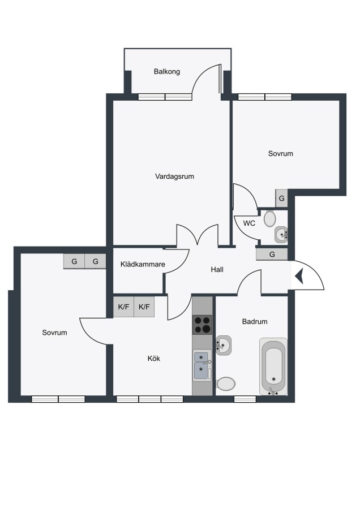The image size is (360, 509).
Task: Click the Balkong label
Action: click(x=166, y=72)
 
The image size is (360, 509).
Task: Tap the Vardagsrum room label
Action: click(x=174, y=176)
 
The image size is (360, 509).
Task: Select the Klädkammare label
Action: click(x=143, y=264)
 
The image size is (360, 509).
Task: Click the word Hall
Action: click(x=217, y=269)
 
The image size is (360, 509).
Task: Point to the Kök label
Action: click(x=154, y=359)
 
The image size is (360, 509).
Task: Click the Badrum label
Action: click(x=255, y=322)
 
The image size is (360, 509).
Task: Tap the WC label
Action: click(x=249, y=223)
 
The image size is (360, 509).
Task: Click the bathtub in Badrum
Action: click(x=273, y=366)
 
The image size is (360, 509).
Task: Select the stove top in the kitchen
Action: click(x=202, y=325)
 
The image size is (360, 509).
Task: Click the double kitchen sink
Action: click(x=202, y=365)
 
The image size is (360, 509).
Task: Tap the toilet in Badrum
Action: click(x=225, y=383)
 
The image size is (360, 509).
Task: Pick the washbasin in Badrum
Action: click(x=224, y=346)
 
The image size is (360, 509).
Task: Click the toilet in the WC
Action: click(x=269, y=219)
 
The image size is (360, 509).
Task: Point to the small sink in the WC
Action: click(x=281, y=235)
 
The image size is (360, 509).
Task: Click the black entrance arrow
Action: click(x=299, y=276)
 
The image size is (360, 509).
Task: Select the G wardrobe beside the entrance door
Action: click(x=272, y=255)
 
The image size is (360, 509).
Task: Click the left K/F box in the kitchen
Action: click(x=123, y=307)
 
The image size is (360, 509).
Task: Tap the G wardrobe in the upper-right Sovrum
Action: click(x=282, y=199)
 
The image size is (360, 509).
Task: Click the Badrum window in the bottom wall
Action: click(x=245, y=399)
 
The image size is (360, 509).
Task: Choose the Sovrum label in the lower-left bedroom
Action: click(x=54, y=333)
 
